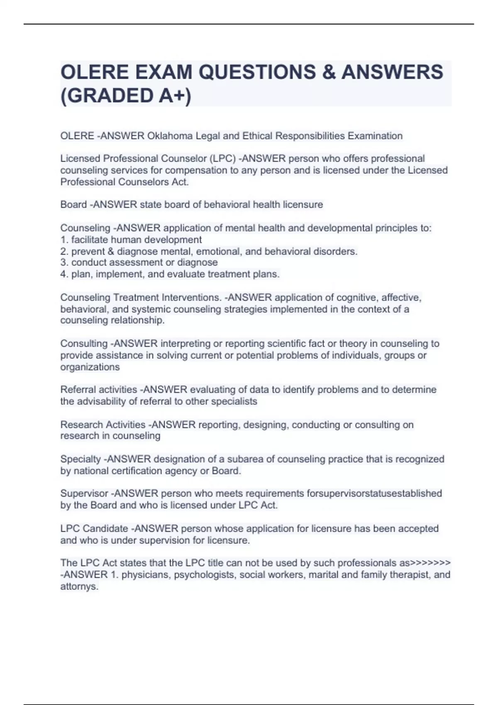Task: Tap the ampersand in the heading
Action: pyautogui.click(x=328, y=72)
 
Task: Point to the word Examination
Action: pyautogui.click(x=375, y=136)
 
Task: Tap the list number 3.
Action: pyautogui.click(x=63, y=263)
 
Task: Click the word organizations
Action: pyautogui.click(x=90, y=367)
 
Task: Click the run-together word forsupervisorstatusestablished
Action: pyautogui.click(x=374, y=494)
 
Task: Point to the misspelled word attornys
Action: pyautogui.click(x=79, y=587)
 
